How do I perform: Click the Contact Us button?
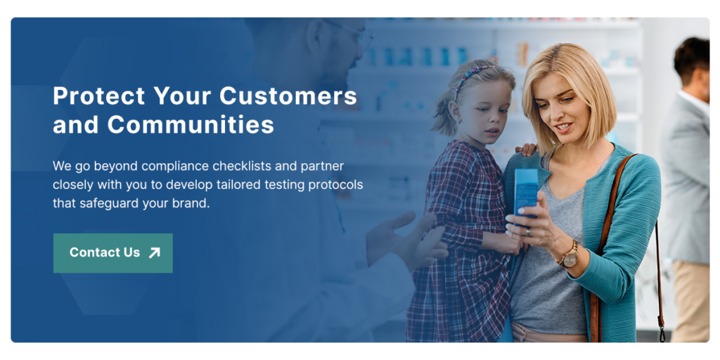113,253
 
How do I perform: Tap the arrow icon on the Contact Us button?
155,252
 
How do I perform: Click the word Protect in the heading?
98,96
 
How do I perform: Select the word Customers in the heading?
288,96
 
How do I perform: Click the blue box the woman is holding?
526,193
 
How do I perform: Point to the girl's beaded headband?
473,78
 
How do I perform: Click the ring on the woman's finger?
528,232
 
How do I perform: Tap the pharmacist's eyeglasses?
353,33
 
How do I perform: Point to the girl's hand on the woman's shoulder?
526,149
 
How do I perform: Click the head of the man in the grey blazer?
692,64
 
